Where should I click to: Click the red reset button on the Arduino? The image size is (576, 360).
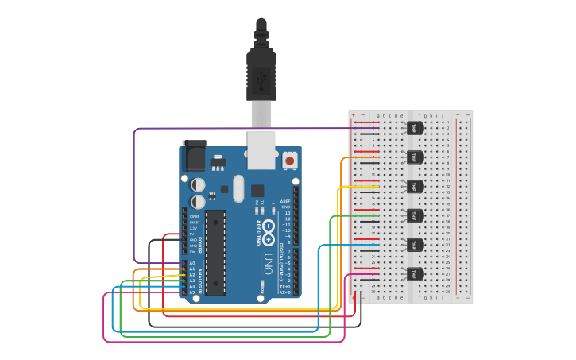click(x=290, y=161)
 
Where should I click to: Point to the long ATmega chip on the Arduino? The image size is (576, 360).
click(x=215, y=253)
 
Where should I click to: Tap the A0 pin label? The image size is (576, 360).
click(x=192, y=263)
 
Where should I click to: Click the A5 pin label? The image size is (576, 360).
click(x=192, y=292)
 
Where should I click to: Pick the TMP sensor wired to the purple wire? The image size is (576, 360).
click(x=414, y=127)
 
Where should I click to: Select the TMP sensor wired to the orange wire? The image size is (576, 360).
click(x=414, y=157)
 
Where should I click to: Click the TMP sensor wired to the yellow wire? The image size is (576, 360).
click(x=414, y=186)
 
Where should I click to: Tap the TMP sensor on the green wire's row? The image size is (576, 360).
click(x=414, y=215)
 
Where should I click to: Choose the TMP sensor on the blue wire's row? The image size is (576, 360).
click(x=414, y=245)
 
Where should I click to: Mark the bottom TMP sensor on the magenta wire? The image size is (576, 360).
click(x=414, y=274)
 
